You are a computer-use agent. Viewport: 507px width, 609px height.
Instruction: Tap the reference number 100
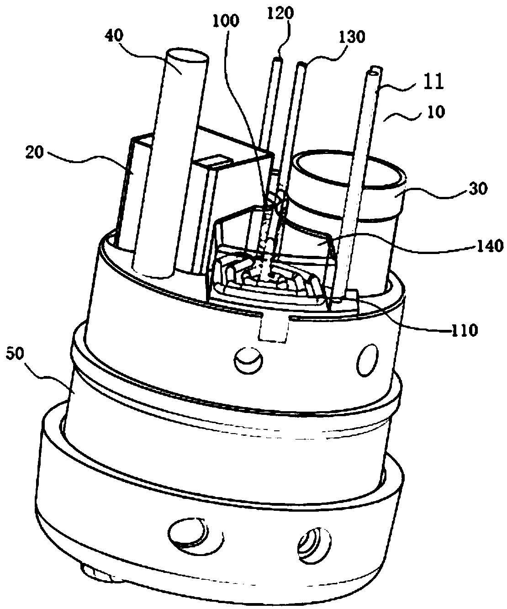tap(228, 21)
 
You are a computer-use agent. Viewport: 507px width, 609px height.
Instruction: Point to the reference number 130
tap(353, 37)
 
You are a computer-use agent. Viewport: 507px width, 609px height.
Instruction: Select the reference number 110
tap(464, 329)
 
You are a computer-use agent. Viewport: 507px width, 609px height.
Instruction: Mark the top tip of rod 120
tap(278, 59)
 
